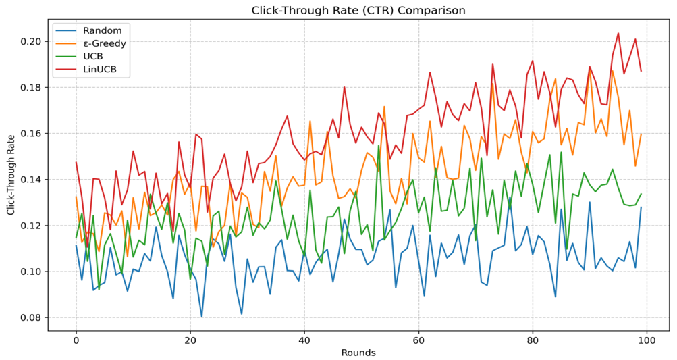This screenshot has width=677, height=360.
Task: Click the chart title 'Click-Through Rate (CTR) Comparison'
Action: point(358,10)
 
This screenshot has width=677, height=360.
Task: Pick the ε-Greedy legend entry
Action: point(104,44)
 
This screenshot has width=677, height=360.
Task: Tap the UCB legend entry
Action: point(92,57)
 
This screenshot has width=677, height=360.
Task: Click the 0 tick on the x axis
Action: point(76,339)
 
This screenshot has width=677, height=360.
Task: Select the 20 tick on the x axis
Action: point(190,339)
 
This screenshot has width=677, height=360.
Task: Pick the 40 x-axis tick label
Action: point(304,339)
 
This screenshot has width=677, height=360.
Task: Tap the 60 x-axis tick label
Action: point(418,339)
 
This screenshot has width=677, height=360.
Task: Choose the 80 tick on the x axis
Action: point(533,339)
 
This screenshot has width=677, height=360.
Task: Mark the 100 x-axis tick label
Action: point(647,339)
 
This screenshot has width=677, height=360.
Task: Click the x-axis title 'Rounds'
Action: point(358,352)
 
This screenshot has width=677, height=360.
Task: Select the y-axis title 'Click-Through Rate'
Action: point(10,174)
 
